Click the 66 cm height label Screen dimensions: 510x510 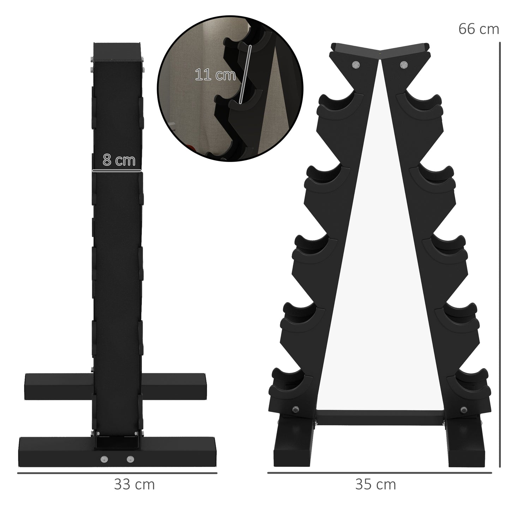pos(479,29)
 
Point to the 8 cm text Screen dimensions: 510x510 pos(119,160)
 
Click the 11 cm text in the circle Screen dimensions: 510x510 pos(215,75)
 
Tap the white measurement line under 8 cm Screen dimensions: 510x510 pos(117,171)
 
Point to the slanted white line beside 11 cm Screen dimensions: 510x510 pos(245,74)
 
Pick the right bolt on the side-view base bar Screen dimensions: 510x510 pos(131,459)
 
